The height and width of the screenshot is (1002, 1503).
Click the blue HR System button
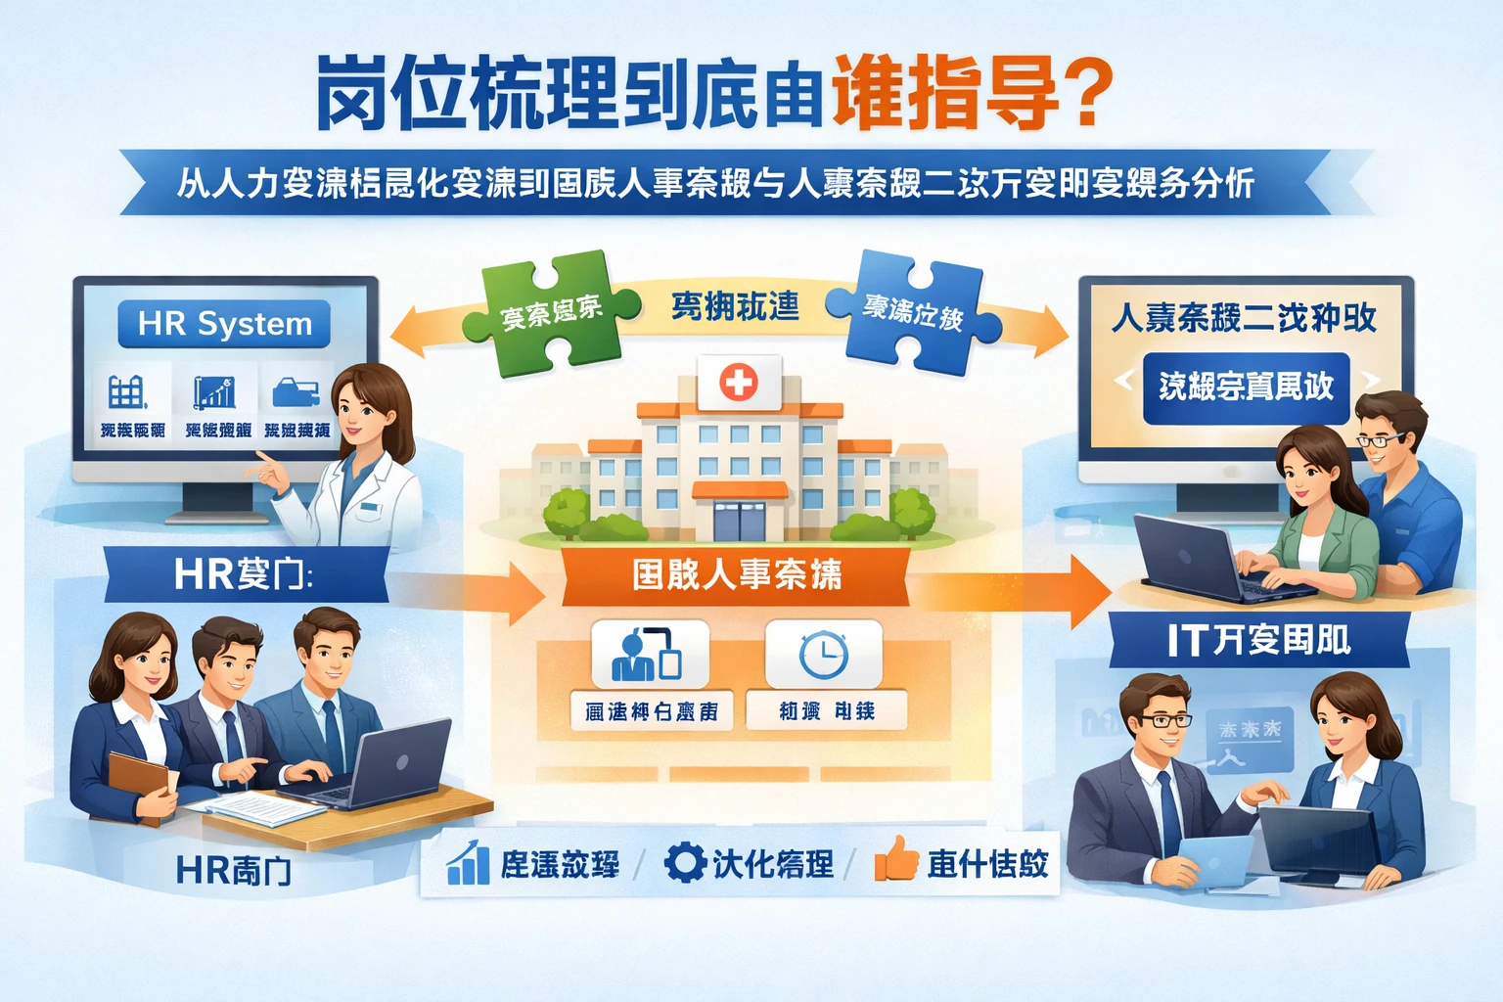coord(224,324)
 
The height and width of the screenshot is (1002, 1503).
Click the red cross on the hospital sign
coord(739,381)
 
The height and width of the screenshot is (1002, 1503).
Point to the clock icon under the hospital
coord(823,654)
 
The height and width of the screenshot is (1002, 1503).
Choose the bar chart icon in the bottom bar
coord(468,862)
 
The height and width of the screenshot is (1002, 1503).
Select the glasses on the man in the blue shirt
coord(1382,439)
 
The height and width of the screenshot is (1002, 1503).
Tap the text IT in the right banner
coord(1185,641)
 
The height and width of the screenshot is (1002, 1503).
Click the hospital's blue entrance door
coord(739,519)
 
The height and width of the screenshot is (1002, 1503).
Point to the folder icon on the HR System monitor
coord(296,393)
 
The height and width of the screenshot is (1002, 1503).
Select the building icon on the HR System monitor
coord(127,392)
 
